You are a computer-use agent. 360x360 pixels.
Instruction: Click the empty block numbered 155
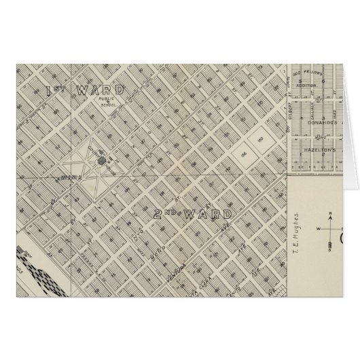click(x=243, y=154)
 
